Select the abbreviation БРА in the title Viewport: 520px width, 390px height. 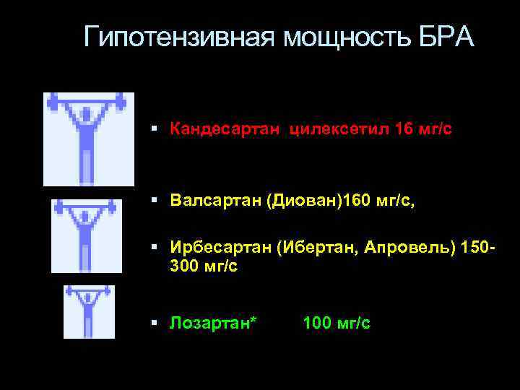[x=446, y=36]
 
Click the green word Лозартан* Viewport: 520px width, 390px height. [x=213, y=323]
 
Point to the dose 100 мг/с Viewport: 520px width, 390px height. [x=337, y=323]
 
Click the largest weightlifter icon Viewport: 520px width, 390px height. [x=89, y=139]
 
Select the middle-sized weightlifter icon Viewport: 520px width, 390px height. [x=87, y=236]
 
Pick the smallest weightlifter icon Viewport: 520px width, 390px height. [x=89, y=311]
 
